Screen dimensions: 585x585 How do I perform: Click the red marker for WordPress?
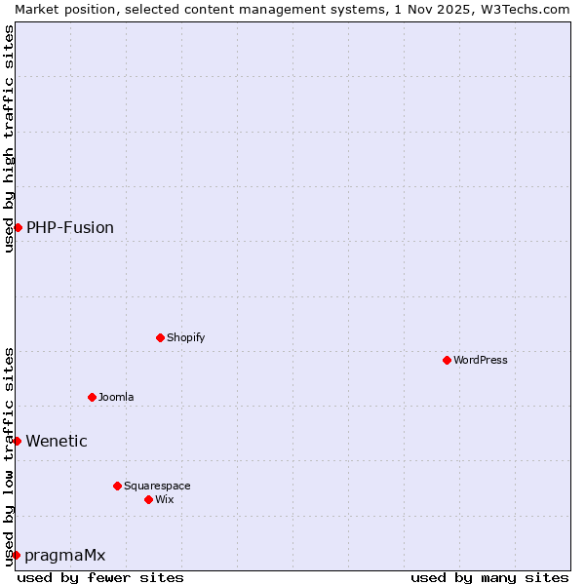coord(448,360)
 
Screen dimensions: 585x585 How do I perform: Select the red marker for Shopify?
coord(161,337)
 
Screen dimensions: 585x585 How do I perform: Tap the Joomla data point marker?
coord(93,397)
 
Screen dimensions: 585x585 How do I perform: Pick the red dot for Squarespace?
coord(118,486)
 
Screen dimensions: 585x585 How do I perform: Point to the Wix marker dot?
coord(149,499)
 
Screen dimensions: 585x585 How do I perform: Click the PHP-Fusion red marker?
coord(18,227)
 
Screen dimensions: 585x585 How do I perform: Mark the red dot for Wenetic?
coord(17,441)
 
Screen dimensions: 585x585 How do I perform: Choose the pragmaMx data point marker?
coord(16,555)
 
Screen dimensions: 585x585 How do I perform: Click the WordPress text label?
coord(481,360)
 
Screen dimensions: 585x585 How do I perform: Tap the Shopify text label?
coord(185,337)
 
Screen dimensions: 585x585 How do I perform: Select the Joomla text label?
coord(116,397)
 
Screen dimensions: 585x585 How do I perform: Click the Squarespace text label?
coord(157,486)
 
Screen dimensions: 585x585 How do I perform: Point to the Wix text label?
coord(165,499)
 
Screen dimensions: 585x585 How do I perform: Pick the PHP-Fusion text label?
coord(70,227)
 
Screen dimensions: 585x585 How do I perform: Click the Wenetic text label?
coord(57,441)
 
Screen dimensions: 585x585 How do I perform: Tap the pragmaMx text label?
coord(65,555)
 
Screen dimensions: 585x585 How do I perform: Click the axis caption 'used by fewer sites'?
coord(100,577)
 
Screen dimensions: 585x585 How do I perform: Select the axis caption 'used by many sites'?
coord(489,577)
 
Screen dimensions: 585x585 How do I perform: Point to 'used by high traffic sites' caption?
coord(9,138)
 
